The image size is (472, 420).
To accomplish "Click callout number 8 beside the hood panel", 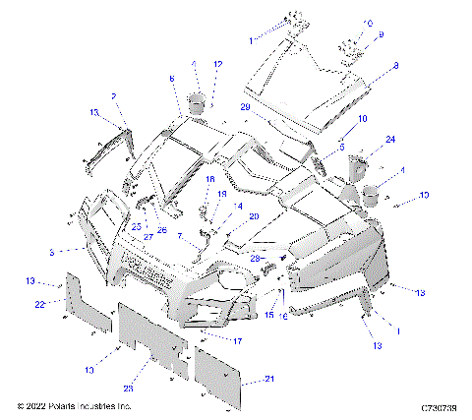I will [394, 66].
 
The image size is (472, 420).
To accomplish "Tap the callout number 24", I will [390, 139].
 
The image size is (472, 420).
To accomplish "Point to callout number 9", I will [383, 34].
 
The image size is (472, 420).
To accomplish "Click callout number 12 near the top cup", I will [217, 64].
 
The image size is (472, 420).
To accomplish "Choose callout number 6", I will [171, 78].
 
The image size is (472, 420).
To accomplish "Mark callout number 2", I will [114, 95].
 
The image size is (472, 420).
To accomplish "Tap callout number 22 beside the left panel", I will [40, 304].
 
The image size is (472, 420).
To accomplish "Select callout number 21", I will [270, 378].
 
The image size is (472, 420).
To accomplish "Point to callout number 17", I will [237, 340].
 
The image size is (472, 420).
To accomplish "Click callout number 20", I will [254, 216].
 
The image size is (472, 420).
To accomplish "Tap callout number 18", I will [208, 178].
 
